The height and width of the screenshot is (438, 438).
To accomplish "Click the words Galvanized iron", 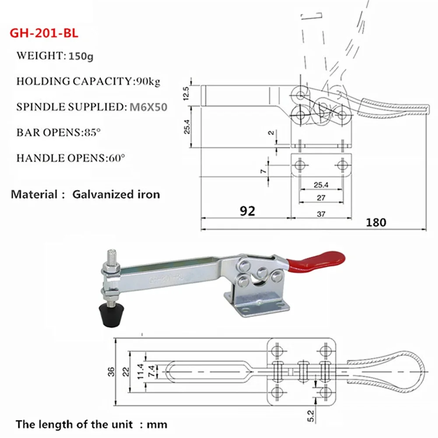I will tap(116, 194).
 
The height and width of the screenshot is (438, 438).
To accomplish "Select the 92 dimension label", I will tap(247, 211).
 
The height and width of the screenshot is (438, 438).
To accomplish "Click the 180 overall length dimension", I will tap(376, 222).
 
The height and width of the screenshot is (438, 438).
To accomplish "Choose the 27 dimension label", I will tap(321, 198).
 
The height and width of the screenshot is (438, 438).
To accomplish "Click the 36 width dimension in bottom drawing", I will tap(111, 371).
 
